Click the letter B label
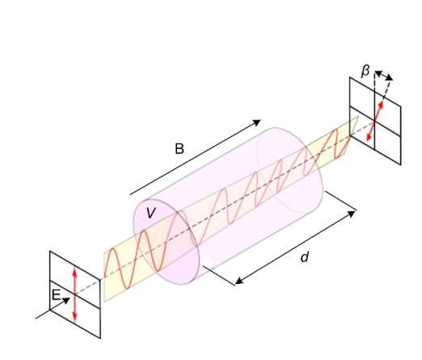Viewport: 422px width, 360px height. (x=179, y=149)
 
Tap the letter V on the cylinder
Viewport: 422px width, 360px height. (x=151, y=213)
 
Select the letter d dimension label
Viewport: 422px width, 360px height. (x=305, y=257)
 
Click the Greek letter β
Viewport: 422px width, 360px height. (x=365, y=71)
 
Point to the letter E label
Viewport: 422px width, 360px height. (x=56, y=294)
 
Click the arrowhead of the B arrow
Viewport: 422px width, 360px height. (x=256, y=123)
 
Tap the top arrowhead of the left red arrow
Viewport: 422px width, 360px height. (x=75, y=273)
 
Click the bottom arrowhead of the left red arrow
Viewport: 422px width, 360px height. (x=75, y=318)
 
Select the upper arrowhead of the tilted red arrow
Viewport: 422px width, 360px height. (x=381, y=105)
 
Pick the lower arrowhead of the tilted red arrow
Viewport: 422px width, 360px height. (x=369, y=137)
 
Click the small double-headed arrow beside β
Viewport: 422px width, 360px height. (x=384, y=75)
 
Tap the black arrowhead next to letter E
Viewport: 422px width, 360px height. (x=66, y=300)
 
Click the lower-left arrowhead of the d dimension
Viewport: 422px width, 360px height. (x=239, y=281)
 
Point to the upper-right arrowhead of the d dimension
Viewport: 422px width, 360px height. (x=351, y=214)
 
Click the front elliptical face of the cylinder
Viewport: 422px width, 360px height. (x=167, y=242)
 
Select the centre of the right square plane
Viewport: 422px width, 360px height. (x=375, y=121)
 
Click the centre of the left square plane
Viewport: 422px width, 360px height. (x=75, y=294)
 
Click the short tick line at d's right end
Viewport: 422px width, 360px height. (x=341, y=201)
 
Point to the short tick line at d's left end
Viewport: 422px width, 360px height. (x=219, y=275)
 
